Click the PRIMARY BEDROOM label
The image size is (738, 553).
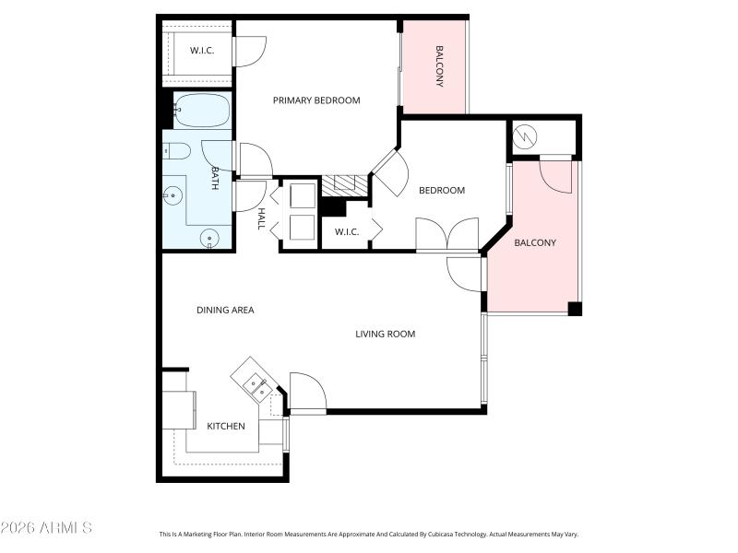[316, 100]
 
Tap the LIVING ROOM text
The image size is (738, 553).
[385, 334]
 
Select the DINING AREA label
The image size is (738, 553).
[225, 311]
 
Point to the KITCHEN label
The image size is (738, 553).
[225, 426]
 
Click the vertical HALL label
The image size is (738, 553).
[262, 218]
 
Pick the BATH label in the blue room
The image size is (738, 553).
[215, 178]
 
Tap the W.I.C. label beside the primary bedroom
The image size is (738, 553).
[202, 50]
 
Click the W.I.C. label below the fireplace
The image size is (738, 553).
[347, 231]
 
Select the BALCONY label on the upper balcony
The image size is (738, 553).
[439, 66]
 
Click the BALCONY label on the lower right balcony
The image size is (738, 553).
[535, 243]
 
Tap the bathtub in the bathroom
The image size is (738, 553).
[201, 111]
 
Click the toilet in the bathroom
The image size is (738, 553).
[177, 150]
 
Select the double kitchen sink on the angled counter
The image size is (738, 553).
[256, 383]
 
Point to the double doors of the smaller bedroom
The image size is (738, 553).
[447, 234]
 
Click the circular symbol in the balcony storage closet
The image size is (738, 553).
[524, 136]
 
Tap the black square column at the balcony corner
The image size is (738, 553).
[575, 309]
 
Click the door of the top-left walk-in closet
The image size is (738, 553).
[250, 51]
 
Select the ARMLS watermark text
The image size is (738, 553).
[46, 528]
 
